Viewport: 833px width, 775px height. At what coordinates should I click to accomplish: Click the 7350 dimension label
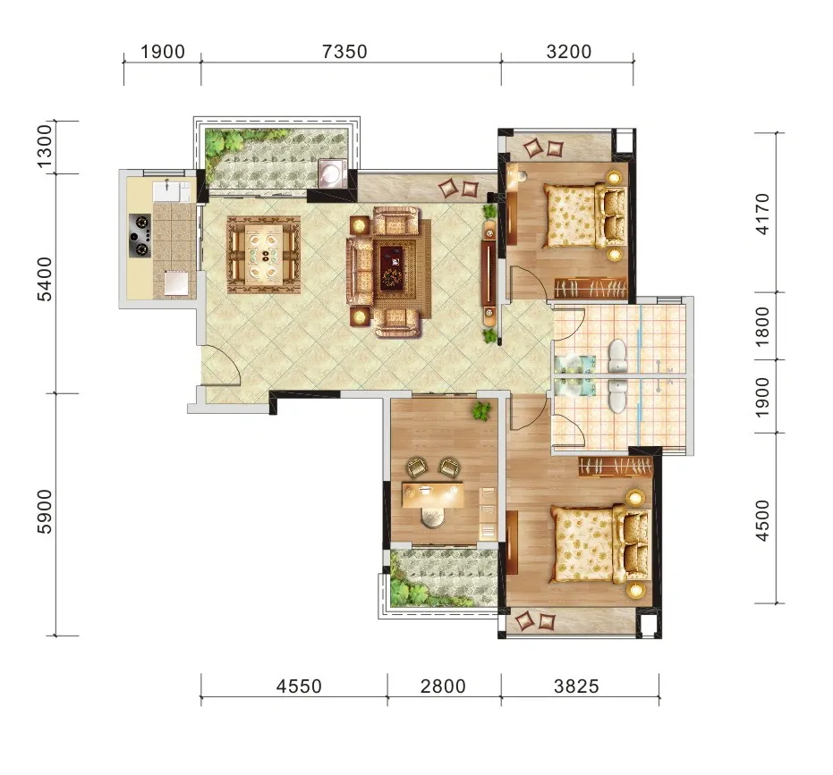[344, 52]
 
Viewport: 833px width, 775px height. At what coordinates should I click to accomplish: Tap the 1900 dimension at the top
[163, 52]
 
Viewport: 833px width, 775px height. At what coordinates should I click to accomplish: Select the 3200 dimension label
[568, 52]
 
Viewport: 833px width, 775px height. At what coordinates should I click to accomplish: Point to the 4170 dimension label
[761, 214]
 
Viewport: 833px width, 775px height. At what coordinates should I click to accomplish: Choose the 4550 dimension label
[299, 687]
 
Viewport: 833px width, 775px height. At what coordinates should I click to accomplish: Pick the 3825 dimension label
[576, 687]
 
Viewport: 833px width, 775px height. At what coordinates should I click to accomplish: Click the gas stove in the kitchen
[140, 235]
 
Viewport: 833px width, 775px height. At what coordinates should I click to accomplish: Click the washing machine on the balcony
[332, 173]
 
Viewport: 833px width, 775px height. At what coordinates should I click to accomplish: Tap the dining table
[264, 254]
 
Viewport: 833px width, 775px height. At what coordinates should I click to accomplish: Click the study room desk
[433, 494]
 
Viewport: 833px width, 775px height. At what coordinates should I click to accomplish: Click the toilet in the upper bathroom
[618, 356]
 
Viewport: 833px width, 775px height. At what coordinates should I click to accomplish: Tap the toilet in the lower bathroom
[617, 395]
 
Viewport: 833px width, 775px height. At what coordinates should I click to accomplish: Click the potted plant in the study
[482, 410]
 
